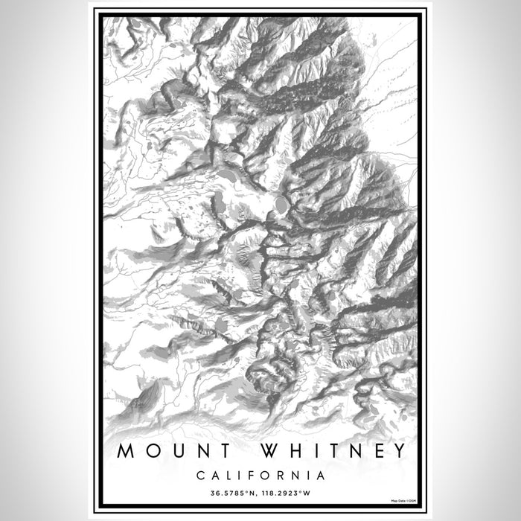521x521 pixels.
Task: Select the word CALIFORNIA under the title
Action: [x=260, y=474]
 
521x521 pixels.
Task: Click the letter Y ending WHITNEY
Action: [x=399, y=451]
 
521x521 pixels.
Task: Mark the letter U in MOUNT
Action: [x=164, y=451]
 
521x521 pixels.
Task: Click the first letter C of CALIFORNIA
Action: [x=201, y=474]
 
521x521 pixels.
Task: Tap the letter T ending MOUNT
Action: [x=202, y=451]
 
